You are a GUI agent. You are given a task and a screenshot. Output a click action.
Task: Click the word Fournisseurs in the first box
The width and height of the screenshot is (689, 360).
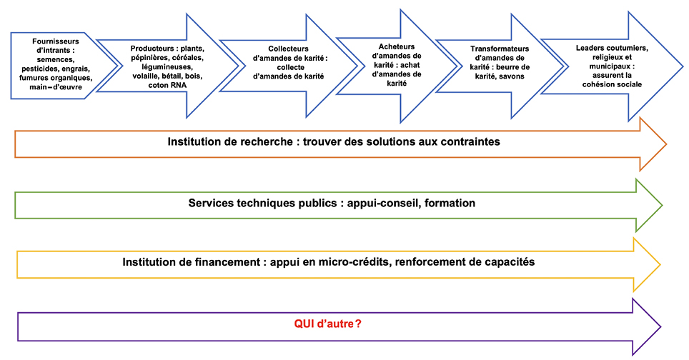55,41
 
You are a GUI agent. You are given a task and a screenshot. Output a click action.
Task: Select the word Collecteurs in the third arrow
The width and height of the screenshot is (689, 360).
288,49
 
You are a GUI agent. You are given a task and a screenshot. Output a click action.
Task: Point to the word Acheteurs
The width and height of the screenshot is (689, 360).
397,46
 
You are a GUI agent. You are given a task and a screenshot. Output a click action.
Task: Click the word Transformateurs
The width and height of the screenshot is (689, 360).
500,49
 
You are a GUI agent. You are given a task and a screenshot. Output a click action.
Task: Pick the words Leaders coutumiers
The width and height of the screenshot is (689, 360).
612,48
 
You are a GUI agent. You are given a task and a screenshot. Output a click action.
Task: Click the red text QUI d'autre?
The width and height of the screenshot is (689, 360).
328,324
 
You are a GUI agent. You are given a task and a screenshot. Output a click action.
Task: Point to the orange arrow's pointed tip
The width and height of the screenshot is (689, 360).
666,144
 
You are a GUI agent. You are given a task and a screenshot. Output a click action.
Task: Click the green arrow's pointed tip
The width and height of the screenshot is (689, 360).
662,205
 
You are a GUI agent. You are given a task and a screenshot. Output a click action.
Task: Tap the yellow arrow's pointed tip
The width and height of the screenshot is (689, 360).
660,264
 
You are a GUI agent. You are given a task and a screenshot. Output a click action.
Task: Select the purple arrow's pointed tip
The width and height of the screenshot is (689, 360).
660,326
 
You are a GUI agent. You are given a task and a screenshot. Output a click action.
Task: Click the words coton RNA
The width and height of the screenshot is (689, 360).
167,85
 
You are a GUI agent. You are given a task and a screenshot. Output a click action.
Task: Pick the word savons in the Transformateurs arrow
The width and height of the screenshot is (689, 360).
512,76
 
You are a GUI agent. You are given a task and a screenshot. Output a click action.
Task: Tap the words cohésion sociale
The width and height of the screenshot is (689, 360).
612,84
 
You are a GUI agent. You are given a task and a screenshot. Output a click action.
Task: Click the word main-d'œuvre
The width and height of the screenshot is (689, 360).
56,87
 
